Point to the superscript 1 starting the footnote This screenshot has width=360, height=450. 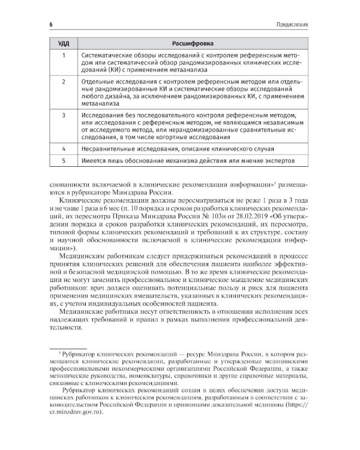click(53, 356)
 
